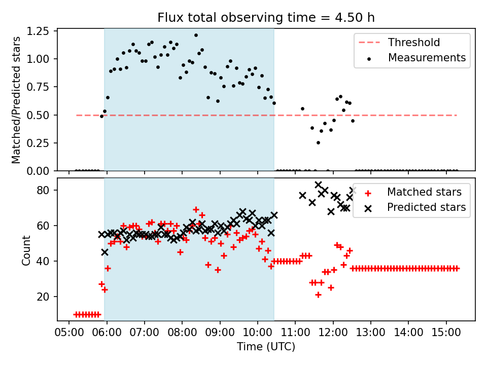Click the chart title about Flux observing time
266,18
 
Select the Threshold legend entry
414,42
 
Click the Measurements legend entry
427,58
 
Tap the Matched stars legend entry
424,192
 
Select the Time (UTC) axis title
266,347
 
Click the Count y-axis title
27,249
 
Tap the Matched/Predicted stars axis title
17,100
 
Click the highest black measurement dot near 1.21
196,35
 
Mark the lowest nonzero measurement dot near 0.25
318,142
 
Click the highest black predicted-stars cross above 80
318,185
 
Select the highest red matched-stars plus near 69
196,209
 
